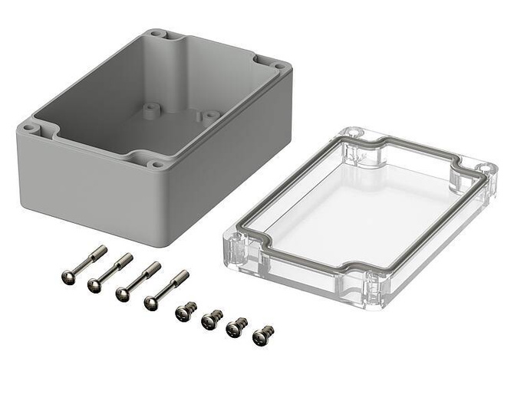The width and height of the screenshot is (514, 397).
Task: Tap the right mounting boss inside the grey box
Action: point(205,116)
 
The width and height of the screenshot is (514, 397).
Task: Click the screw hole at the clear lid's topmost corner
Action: point(354,133)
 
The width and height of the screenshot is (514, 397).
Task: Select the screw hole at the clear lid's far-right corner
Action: point(484,168)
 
